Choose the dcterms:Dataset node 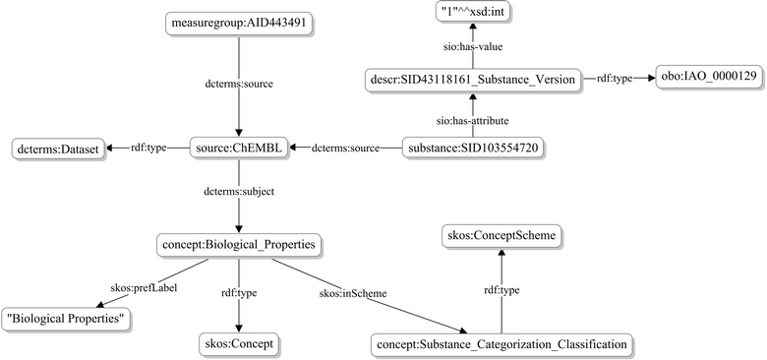(x=55, y=150)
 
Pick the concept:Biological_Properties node (x=239, y=243)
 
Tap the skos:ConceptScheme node (x=501, y=236)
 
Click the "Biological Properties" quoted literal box (x=68, y=318)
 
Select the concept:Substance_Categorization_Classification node (x=501, y=344)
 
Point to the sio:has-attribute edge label (x=467, y=114)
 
